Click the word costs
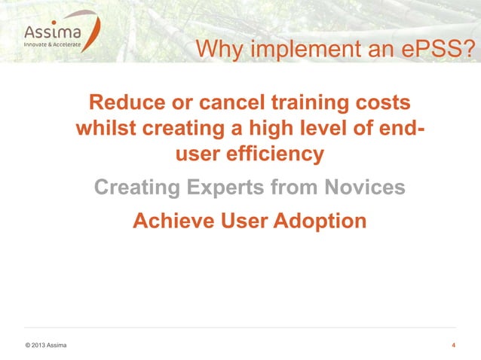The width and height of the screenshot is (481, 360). [387, 102]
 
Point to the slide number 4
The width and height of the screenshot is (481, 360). [452, 346]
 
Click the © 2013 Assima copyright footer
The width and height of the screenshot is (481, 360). [44, 346]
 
